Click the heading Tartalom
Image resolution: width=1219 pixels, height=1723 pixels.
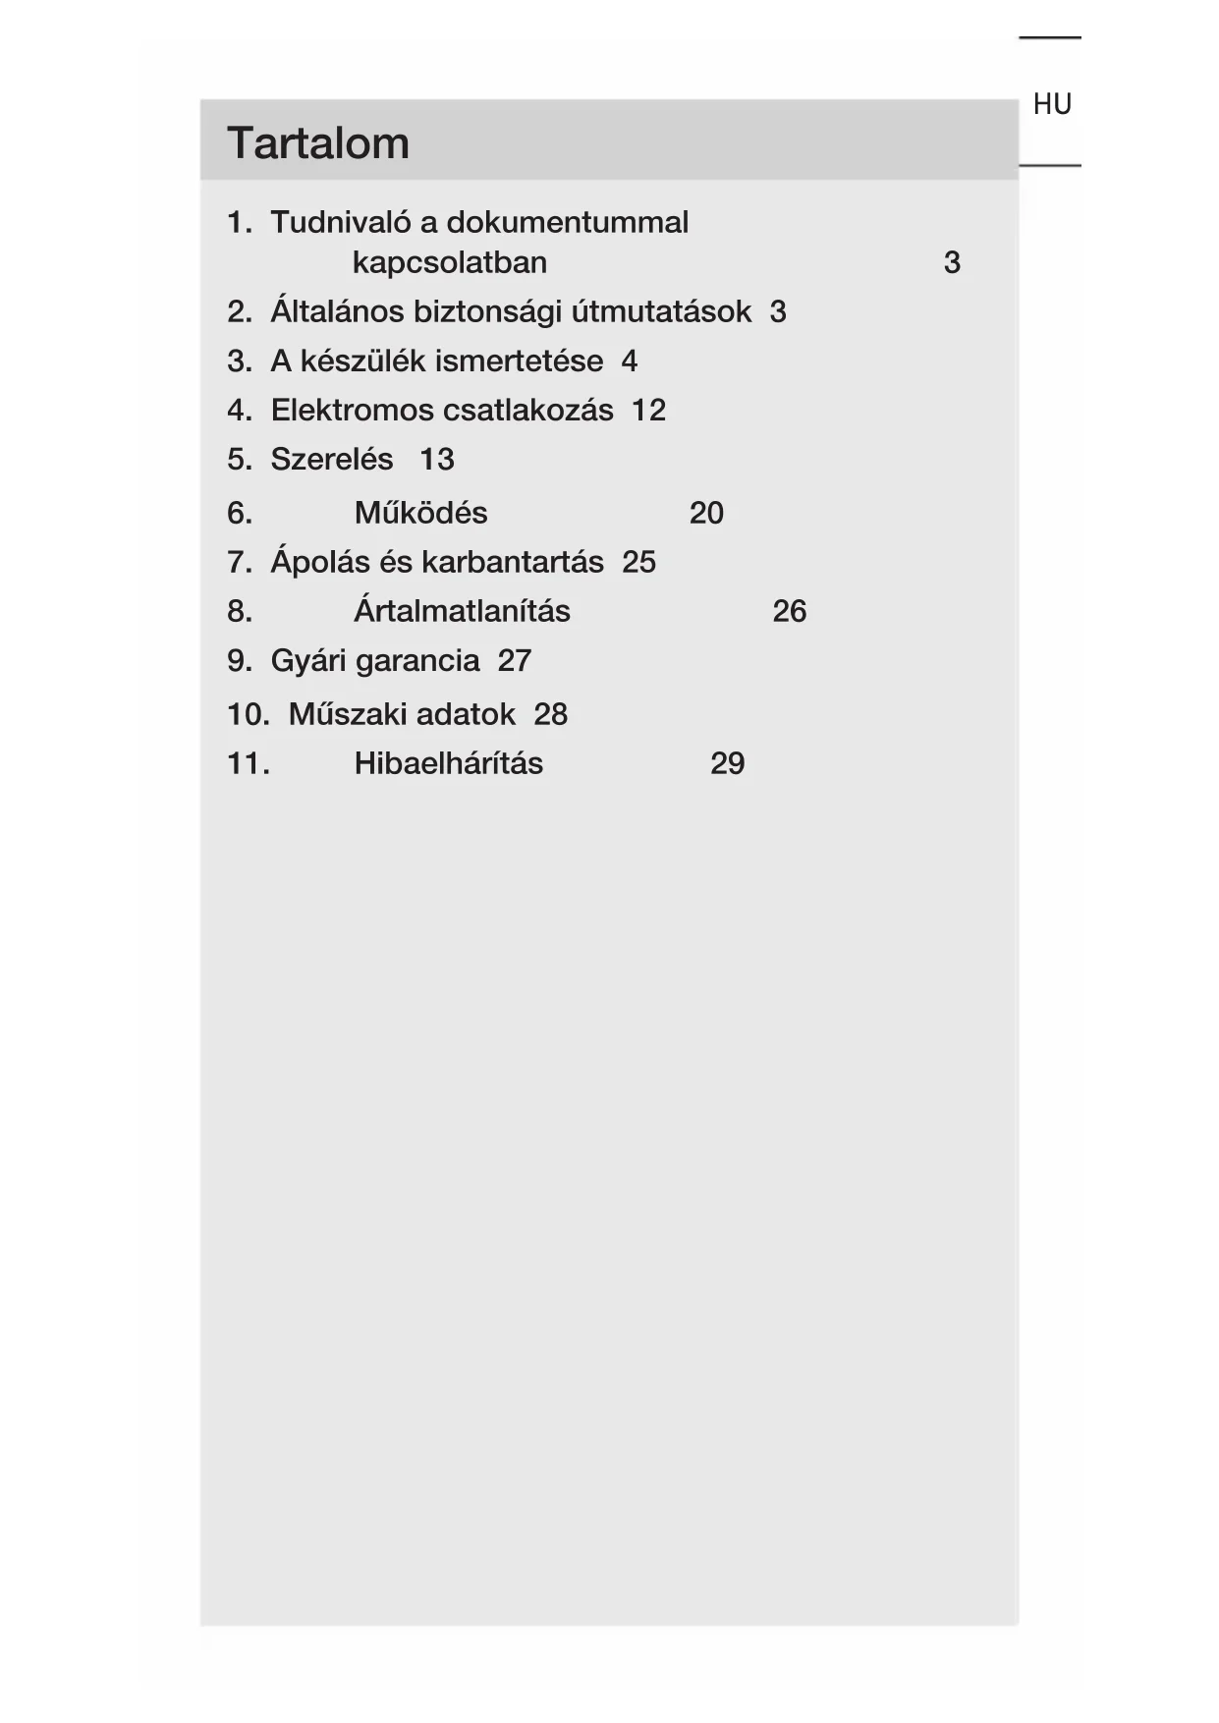click(x=317, y=143)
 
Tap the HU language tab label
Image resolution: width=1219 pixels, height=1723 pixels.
click(x=1051, y=104)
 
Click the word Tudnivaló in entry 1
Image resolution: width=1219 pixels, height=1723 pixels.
click(x=341, y=223)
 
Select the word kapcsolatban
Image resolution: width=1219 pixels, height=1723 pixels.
click(x=449, y=263)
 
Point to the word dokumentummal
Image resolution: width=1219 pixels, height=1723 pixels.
click(x=567, y=223)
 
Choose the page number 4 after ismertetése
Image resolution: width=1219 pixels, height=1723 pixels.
click(x=629, y=361)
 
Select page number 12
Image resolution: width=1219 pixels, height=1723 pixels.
click(x=648, y=411)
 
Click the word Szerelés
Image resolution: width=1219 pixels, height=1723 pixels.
click(x=331, y=460)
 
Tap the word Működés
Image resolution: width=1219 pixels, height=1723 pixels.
click(x=420, y=513)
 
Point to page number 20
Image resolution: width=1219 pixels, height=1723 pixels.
click(x=706, y=513)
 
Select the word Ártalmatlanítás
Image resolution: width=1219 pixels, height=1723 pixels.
click(x=462, y=611)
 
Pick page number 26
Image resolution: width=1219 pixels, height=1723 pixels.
click(x=789, y=611)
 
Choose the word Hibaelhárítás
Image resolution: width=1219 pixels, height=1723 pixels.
click(x=448, y=763)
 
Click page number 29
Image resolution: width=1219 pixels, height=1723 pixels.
click(x=727, y=763)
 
